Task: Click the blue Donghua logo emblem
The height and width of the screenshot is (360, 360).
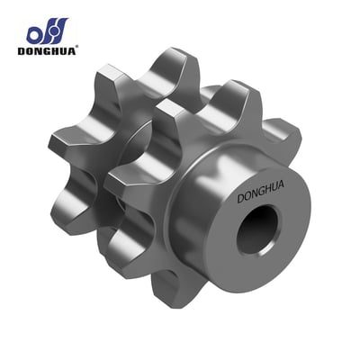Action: [48, 31]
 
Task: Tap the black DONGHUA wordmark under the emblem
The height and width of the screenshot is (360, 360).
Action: [47, 50]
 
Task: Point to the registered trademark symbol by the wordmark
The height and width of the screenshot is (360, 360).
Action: [77, 47]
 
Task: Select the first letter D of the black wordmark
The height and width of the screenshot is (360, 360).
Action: [22, 50]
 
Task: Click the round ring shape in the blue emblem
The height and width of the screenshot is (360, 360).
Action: [35, 34]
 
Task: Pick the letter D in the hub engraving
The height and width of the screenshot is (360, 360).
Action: [241, 199]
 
